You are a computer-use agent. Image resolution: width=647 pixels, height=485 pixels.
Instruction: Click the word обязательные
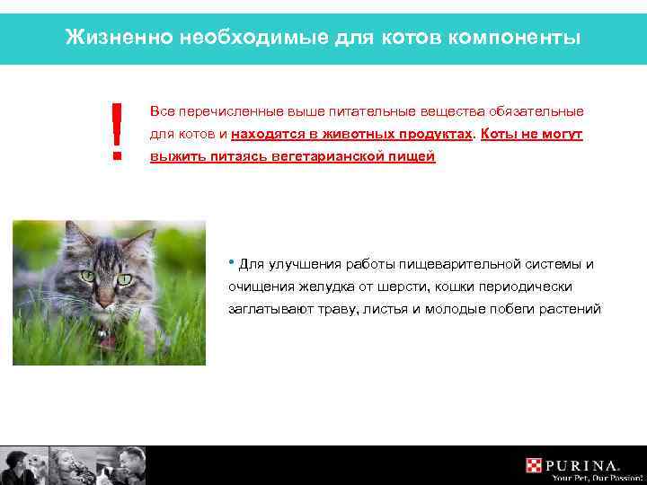coord(536,111)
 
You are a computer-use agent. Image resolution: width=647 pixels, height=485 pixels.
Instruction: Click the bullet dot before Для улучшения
coord(233,261)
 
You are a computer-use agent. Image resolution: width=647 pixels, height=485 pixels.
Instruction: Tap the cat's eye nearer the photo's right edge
coord(124,278)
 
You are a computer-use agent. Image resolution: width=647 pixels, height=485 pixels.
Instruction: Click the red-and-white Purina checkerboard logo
coord(535,465)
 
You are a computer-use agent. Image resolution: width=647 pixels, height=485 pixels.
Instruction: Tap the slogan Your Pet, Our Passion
coord(586,477)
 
